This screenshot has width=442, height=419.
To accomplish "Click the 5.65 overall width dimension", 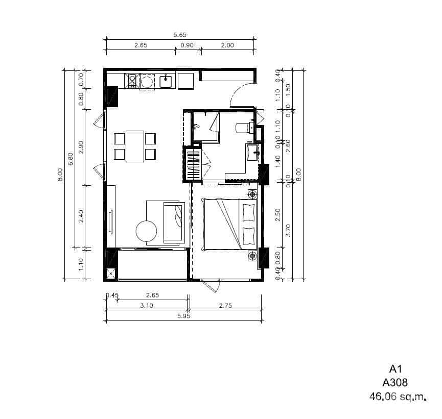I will pos(180,35).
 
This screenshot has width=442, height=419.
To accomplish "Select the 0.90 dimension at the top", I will pos(187,45).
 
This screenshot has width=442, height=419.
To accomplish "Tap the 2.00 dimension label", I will pos(227,45).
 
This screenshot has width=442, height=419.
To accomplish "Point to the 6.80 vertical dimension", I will pos(71,159).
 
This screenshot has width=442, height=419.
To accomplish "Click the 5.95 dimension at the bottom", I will pos(183,316).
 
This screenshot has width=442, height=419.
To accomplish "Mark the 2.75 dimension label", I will pos(226,306).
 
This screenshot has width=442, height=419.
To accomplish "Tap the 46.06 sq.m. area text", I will pos(398,396).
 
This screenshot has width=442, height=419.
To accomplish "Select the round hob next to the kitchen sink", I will pos(148,81).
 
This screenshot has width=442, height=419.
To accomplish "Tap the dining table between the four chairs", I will pos(135,146).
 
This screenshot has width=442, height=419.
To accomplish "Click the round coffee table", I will pos(147,231).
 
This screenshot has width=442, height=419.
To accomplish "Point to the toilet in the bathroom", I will pos(243,127).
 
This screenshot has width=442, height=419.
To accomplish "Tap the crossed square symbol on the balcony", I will pos(110,274).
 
